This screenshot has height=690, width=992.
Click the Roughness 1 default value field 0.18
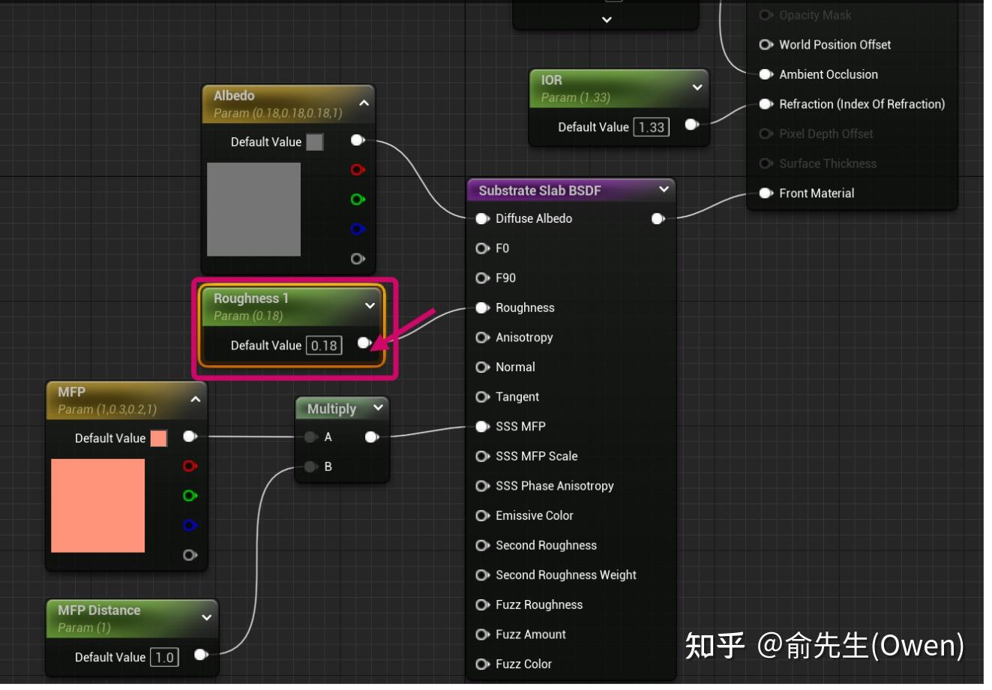[x=324, y=346]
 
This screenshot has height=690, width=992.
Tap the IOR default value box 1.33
[x=651, y=127]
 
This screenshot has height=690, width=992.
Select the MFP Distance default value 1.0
[x=164, y=658]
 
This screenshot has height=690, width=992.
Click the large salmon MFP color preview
[x=97, y=505]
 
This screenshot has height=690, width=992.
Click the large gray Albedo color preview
[x=253, y=209]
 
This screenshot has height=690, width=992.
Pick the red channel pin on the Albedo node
[x=358, y=169]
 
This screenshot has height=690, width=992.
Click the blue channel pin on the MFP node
[x=190, y=525]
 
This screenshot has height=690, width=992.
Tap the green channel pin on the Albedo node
[x=358, y=199]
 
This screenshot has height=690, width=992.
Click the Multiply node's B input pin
[x=310, y=466]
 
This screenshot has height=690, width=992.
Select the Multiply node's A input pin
[x=310, y=437]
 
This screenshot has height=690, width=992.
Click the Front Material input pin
[x=766, y=193]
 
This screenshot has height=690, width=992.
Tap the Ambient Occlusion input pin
[x=766, y=74]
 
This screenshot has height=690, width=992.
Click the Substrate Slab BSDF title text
[x=540, y=190]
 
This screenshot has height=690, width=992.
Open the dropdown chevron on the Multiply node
[x=378, y=407]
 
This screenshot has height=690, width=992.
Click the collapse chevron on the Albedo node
[x=364, y=103]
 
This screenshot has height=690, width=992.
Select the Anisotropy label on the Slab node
[x=524, y=337]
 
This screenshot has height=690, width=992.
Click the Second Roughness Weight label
[x=565, y=575]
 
